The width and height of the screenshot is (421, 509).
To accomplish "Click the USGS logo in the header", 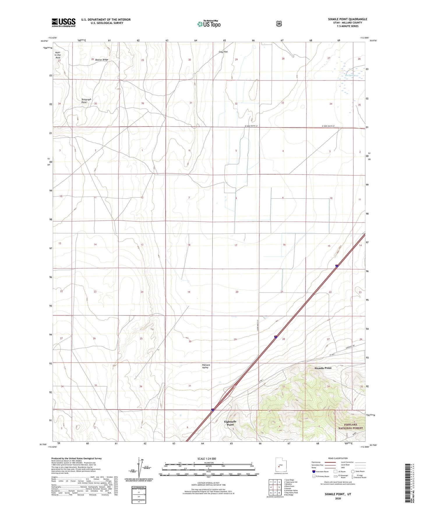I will [64, 22].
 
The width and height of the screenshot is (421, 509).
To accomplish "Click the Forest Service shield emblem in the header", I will [279, 24].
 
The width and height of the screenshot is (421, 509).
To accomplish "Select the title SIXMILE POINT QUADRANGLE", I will [347, 19].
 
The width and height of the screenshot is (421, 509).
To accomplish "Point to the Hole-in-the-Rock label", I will [58, 55].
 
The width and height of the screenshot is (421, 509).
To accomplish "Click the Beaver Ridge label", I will [102, 60].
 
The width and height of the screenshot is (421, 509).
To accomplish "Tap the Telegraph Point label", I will [86, 101].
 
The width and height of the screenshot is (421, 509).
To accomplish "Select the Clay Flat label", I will [223, 52].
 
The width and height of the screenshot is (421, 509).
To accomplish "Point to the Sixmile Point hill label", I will [323, 368].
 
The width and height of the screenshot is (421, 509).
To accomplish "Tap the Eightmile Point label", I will [230, 423].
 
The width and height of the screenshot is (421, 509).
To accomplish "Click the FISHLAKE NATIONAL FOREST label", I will [350, 426].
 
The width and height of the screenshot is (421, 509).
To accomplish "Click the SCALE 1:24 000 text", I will [207, 459].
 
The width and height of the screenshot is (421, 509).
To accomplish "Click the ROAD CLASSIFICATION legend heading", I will [338, 458].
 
